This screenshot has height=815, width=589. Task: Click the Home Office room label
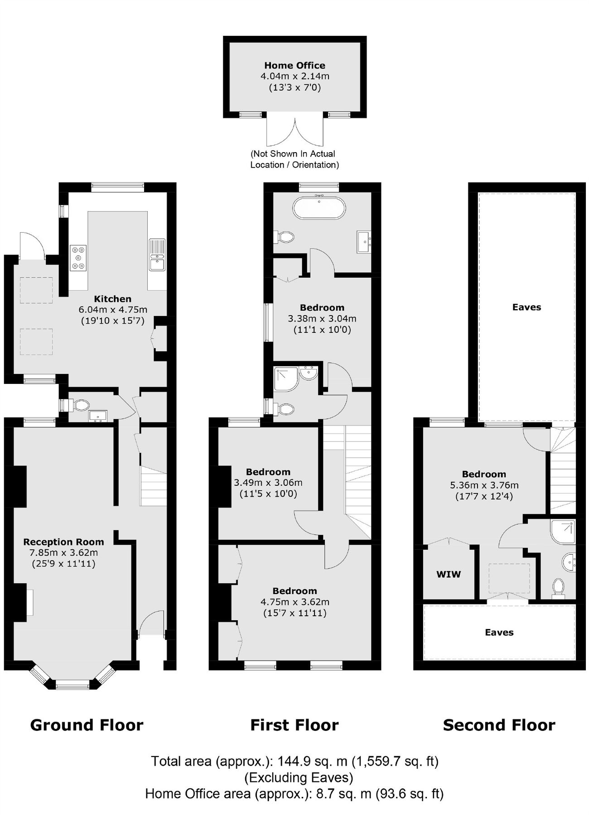pos(294,65)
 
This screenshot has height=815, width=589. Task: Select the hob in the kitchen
pos(78,258)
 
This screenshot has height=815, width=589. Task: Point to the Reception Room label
pos(63,542)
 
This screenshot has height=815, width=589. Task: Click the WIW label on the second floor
pos(449,574)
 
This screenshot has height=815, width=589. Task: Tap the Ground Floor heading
pos(87,725)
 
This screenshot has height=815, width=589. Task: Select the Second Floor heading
pos(499,725)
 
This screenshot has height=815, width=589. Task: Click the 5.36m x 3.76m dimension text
pos(484,485)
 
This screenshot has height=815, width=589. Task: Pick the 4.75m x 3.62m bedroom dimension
pos(294,602)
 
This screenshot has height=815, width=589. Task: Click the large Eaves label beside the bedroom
pos(526,307)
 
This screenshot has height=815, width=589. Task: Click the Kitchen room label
pos(112,299)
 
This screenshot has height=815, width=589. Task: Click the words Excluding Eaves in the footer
pos(299,777)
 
